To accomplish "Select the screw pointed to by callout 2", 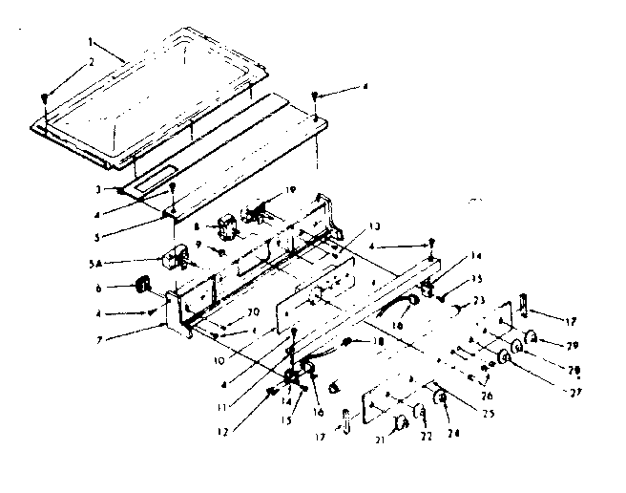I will coord(46,97).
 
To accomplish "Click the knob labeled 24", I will coord(442,397).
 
